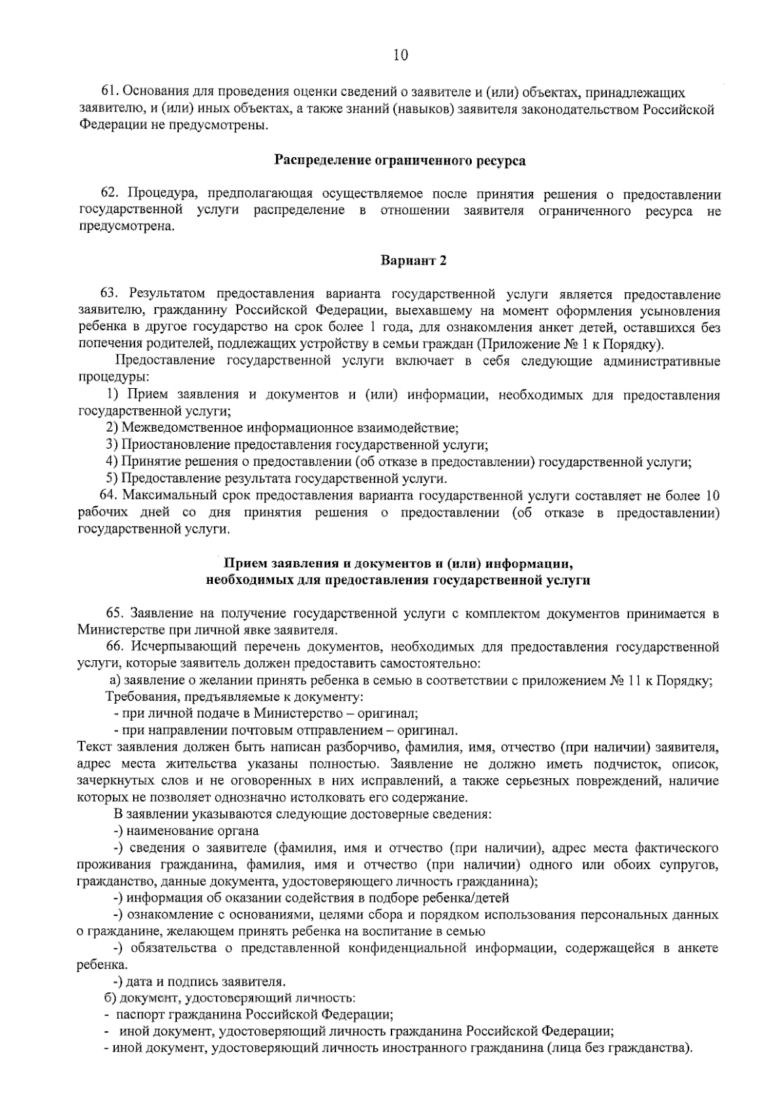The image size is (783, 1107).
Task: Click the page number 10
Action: [400, 55]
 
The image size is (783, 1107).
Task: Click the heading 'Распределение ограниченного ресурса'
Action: [399, 160]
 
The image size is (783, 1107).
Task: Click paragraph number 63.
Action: [109, 295]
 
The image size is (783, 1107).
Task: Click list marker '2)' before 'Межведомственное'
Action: [112, 429]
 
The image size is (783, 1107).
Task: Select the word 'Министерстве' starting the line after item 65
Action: [112, 630]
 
